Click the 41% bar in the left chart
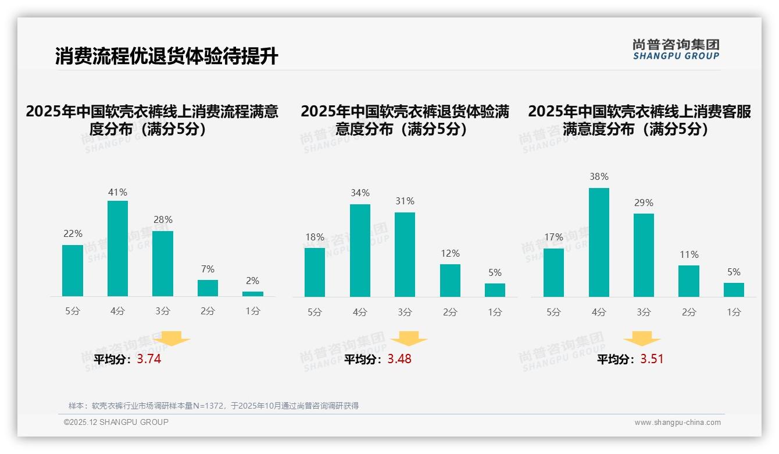click(x=118, y=249)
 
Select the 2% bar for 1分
click(x=253, y=294)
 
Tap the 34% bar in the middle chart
click(x=360, y=250)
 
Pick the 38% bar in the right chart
click(x=599, y=242)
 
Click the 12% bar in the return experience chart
click(x=450, y=281)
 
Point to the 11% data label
click(x=689, y=254)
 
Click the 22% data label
click(x=73, y=233)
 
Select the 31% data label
click(x=405, y=201)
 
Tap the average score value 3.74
click(x=149, y=359)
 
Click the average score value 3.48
click(x=399, y=359)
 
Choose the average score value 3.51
click(x=652, y=359)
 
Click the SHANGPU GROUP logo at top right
click(x=676, y=49)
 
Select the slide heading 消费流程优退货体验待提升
click(x=167, y=56)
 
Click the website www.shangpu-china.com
click(x=677, y=423)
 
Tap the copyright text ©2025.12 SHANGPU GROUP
click(x=116, y=422)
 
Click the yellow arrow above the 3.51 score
click(x=642, y=339)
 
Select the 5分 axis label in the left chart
click(x=73, y=311)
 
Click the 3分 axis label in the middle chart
click(x=405, y=313)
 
